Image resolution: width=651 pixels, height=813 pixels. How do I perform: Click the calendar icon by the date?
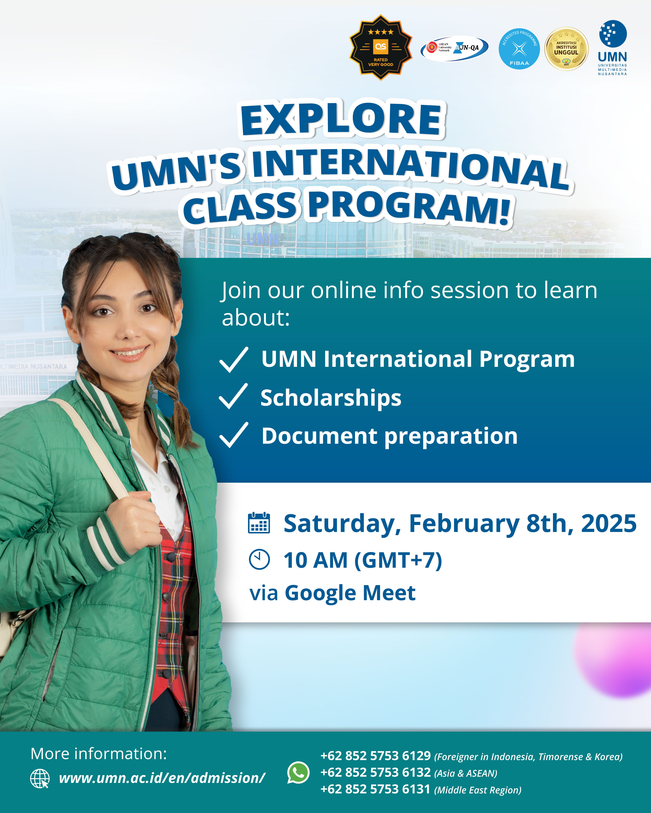[259, 523]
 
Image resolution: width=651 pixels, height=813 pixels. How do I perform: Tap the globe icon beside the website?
[40, 778]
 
